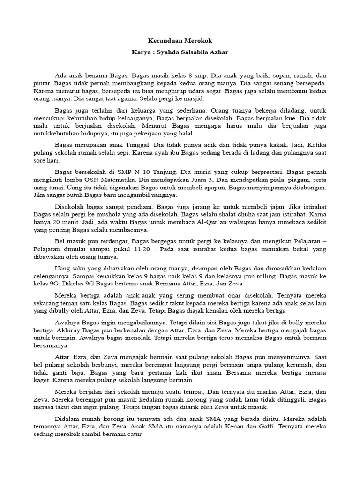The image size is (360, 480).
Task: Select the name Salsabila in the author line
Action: (188, 52)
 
